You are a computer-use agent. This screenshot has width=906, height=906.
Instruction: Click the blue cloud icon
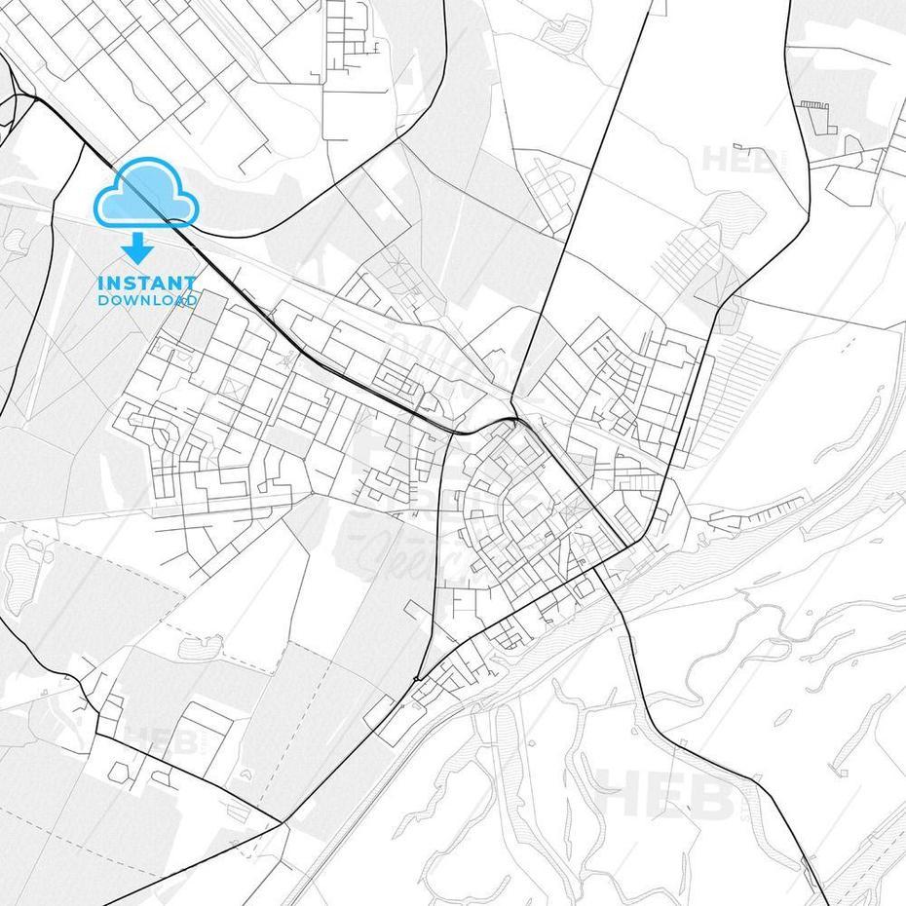(146, 193)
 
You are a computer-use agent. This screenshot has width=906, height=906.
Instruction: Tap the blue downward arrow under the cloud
(136, 249)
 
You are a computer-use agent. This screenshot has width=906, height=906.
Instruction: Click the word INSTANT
(147, 283)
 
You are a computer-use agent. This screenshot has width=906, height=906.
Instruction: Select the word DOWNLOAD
(147, 300)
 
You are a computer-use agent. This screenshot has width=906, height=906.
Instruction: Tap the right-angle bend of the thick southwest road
(97, 735)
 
